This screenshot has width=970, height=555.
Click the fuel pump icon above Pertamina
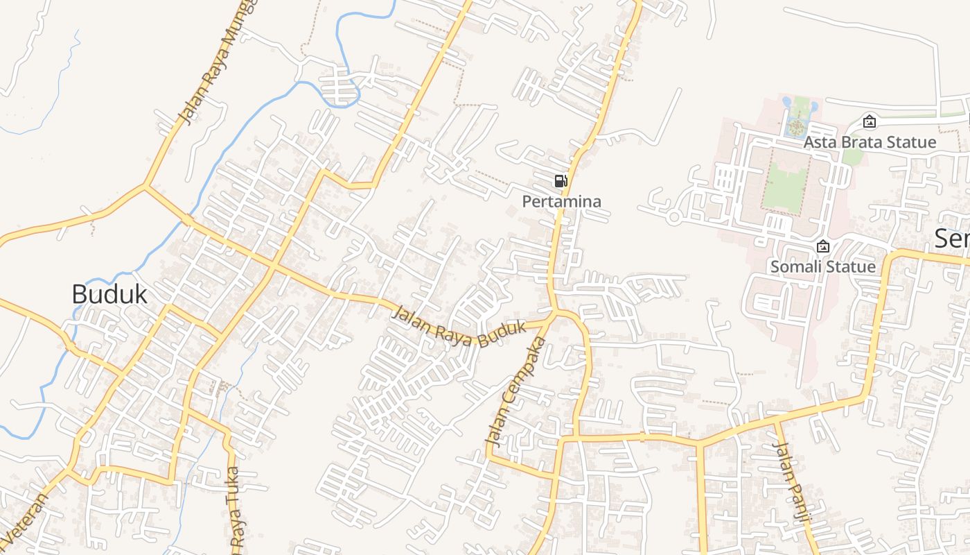[561, 182]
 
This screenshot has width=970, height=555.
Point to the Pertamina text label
[561, 202]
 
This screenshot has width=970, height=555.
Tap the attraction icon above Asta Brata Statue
[869, 122]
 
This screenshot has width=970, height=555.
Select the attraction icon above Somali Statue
[823, 246]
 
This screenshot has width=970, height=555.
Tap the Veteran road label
[25, 520]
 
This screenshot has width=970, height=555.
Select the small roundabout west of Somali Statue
[673, 217]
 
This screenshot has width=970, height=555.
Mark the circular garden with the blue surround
[797, 127]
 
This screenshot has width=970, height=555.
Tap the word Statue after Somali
[851, 267]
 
